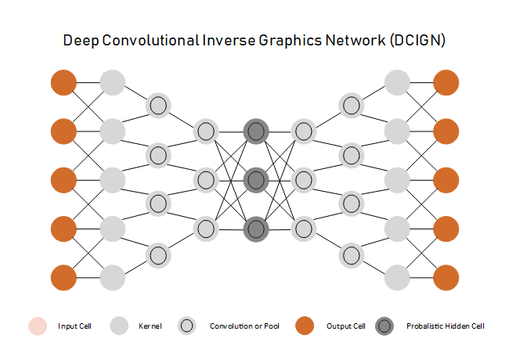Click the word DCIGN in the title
(417, 41)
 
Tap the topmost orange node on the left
(63, 81)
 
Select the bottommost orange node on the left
(63, 277)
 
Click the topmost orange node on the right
(446, 81)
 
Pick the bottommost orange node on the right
(446, 277)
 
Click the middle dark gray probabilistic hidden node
(255, 180)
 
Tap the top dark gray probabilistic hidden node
(255, 131)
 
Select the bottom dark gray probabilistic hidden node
(255, 229)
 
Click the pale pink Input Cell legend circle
(38, 326)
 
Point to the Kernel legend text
(150, 326)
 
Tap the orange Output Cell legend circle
(305, 326)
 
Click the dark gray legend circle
(384, 326)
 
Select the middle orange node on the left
(63, 179)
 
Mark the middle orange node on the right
(446, 179)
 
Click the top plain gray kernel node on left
(113, 81)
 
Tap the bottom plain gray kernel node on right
(397, 277)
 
